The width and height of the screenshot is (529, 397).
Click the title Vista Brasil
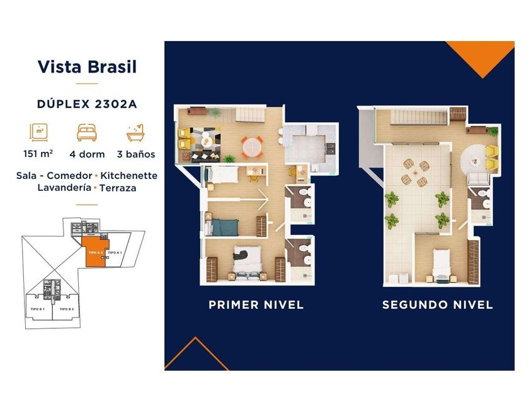tap(87, 67)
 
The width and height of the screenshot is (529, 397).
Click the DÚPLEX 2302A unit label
tap(87, 105)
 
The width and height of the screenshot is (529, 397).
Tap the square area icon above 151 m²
tap(39, 132)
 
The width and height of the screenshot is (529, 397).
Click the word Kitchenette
tap(128, 175)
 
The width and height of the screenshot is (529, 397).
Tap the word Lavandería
tap(63, 188)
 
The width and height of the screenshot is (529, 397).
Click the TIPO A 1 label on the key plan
tap(115, 252)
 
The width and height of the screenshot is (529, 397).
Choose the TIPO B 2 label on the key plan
tap(67, 309)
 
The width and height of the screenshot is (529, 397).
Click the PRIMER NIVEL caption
tap(256, 305)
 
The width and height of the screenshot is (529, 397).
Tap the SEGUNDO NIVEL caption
tap(437, 305)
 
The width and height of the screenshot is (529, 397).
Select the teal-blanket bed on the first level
tap(224, 226)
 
